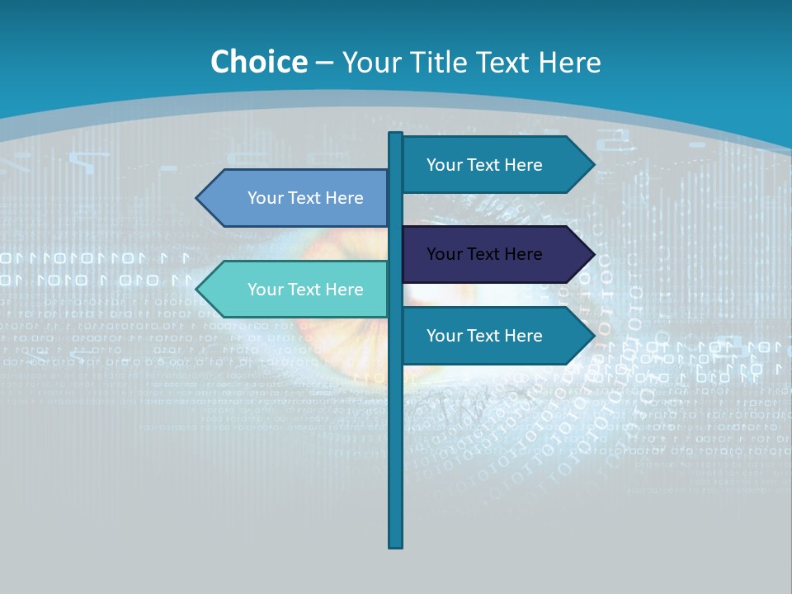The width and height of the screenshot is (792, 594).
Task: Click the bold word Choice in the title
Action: click(258, 62)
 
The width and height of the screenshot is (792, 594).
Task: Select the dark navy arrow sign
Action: click(495, 254)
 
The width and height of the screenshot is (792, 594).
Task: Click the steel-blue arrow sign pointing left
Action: click(297, 198)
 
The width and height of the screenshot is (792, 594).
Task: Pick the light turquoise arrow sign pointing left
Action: click(297, 290)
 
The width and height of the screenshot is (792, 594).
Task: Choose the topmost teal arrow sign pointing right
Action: click(495, 165)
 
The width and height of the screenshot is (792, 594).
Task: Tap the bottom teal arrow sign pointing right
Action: click(495, 336)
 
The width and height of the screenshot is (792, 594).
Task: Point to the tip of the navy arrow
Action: click(592, 254)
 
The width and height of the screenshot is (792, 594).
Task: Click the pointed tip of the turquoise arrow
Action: click(198, 290)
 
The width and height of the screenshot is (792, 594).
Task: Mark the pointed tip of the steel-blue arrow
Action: click(198, 198)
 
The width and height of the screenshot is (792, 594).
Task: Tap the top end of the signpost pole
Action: click(396, 134)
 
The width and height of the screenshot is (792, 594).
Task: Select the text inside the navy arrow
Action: click(484, 254)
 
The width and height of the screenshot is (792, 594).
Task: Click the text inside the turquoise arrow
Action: click(305, 290)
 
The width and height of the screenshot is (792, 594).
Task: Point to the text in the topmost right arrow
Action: click(484, 165)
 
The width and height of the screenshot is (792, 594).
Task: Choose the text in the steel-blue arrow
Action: click(305, 198)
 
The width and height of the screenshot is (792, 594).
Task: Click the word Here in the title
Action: click(569, 62)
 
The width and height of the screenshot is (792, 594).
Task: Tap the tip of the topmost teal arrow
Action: click(592, 165)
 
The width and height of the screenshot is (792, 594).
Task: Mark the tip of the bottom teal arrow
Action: click(592, 336)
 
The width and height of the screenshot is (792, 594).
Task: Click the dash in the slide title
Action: click(324, 63)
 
